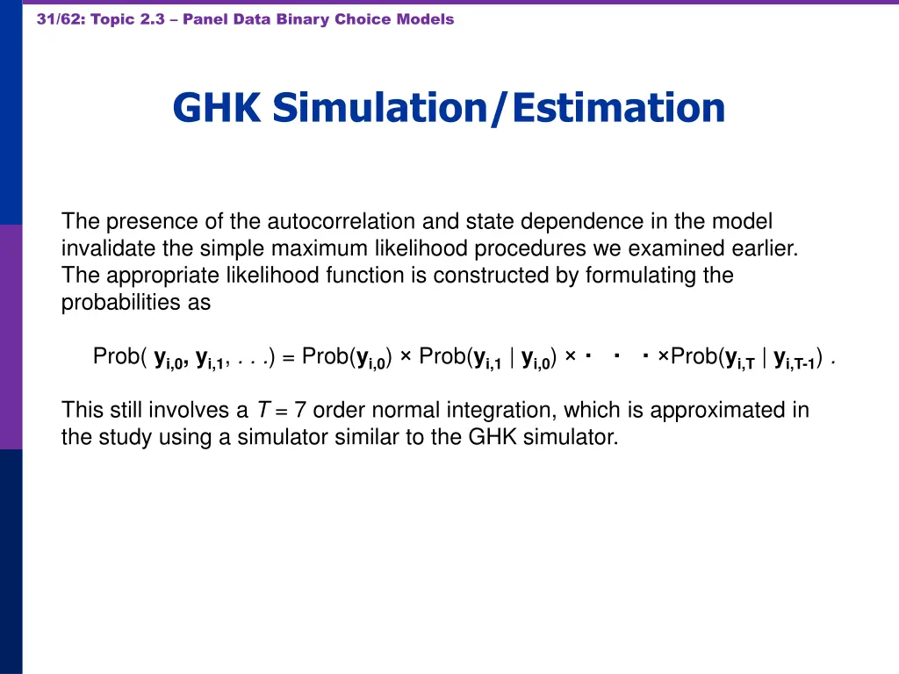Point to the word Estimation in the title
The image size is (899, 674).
(x=618, y=108)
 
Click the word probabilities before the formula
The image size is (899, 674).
(x=136, y=303)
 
